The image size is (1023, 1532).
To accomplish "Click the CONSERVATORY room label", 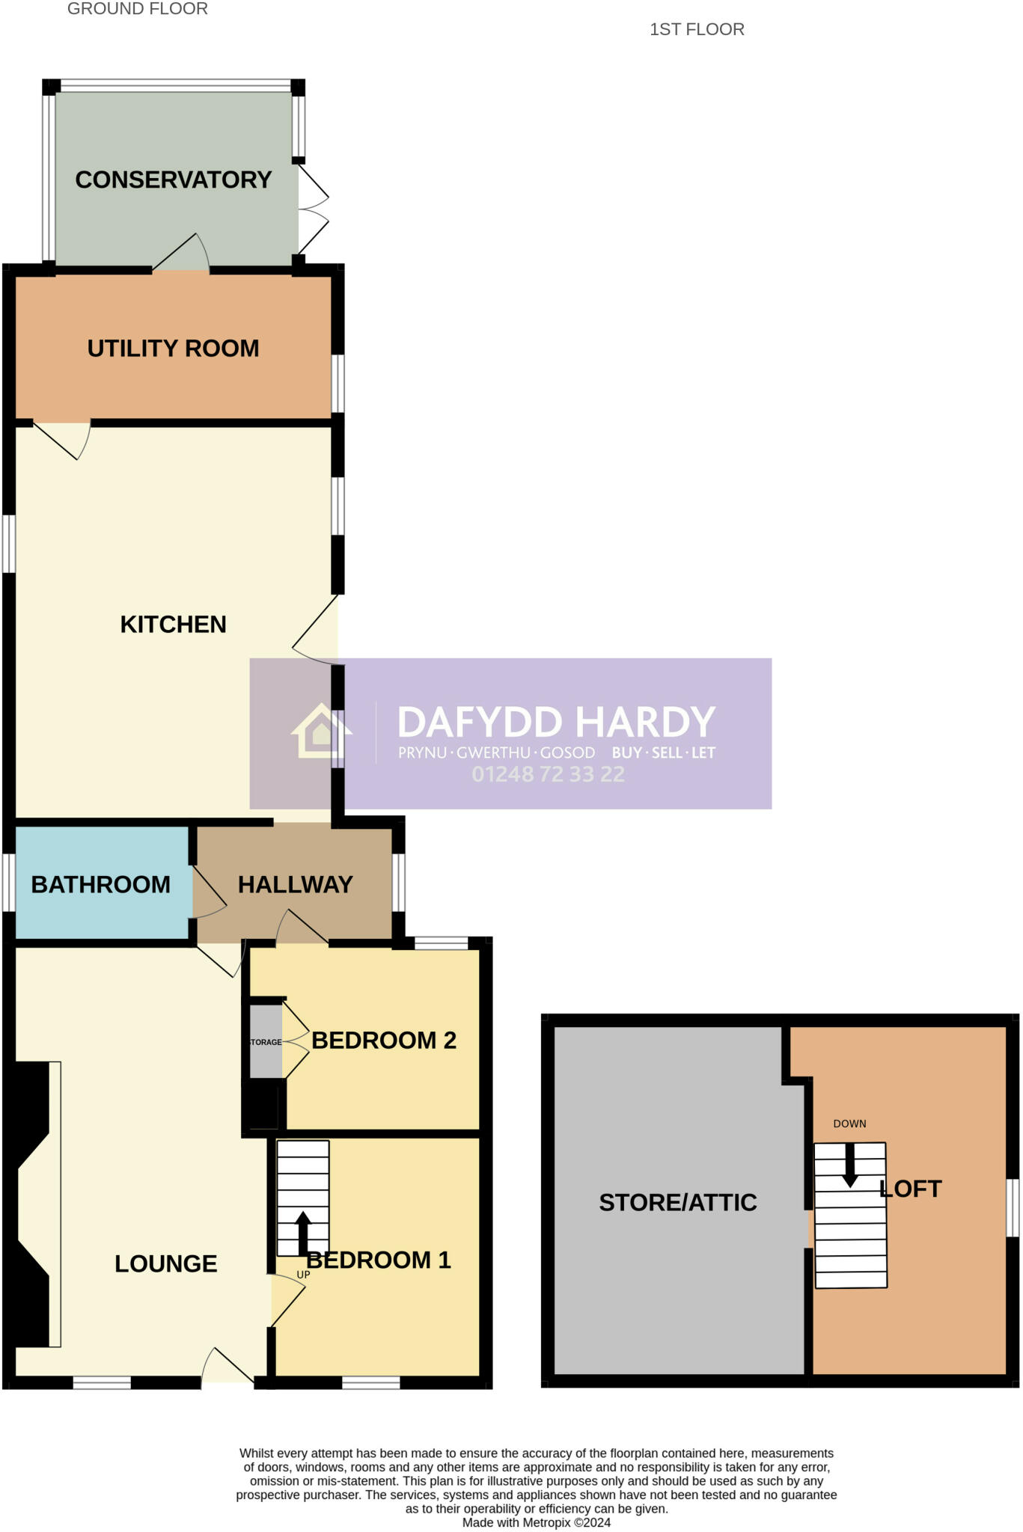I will coord(173,180).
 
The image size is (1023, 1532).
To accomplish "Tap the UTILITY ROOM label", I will coord(173,349).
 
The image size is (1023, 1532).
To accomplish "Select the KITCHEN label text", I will coord(173,625).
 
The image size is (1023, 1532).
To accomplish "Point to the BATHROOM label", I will coord(100,885).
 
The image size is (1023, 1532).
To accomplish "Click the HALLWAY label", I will coord(295,885).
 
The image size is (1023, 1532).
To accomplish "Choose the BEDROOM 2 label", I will coord(383,1041).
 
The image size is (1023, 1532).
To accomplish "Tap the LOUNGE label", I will coord(165,1263).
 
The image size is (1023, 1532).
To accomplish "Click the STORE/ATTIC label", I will coord(677,1202).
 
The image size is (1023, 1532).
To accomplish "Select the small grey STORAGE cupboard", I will coord(266,1042).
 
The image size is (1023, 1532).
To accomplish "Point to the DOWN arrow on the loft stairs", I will coord(850,1165).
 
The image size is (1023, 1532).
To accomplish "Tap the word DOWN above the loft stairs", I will coord(849,1124).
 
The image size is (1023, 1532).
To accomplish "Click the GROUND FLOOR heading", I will coord(138,9).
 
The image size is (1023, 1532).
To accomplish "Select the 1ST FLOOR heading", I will coord(697,29).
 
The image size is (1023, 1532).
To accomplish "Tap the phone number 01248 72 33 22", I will coord(548,774).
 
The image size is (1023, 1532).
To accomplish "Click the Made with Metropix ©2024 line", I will coord(536,1522).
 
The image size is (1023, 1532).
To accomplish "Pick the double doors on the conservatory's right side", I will coord(314,209).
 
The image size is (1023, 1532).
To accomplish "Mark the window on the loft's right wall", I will coord(1013,1208).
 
